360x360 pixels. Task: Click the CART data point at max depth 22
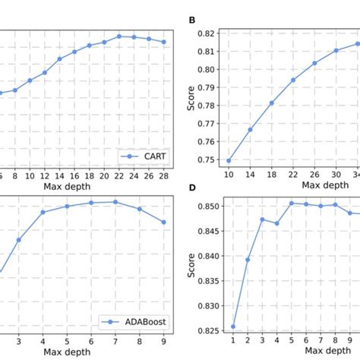coord(119,36)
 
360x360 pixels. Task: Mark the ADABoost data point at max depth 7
coord(115,201)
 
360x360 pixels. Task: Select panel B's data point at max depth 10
coord(229,160)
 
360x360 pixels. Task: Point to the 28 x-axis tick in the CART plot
coord(163,175)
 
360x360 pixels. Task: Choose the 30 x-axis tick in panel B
coord(336,175)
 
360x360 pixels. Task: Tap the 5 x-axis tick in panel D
coord(291,341)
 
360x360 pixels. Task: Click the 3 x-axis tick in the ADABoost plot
coord(19,341)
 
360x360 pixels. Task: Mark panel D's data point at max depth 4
coord(276,223)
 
